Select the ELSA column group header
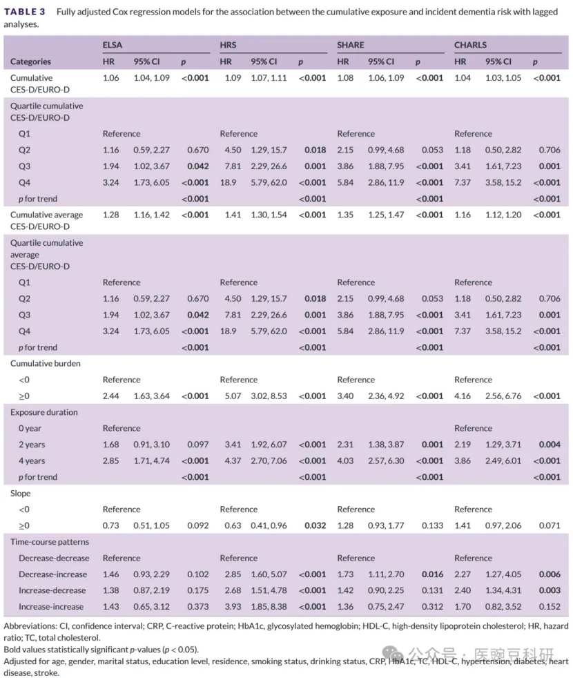[112, 45]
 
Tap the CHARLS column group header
[470, 45]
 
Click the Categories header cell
[30, 61]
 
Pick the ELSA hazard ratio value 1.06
[110, 78]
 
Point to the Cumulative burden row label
[44, 363]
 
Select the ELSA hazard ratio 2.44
[110, 396]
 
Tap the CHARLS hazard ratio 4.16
[463, 396]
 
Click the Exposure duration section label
[44, 412]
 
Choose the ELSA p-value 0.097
[198, 445]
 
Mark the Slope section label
[20, 494]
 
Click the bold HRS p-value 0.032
[315, 526]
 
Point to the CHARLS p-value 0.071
[550, 526]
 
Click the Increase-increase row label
[51, 607]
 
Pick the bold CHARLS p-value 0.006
[550, 574]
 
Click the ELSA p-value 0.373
[198, 607]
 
